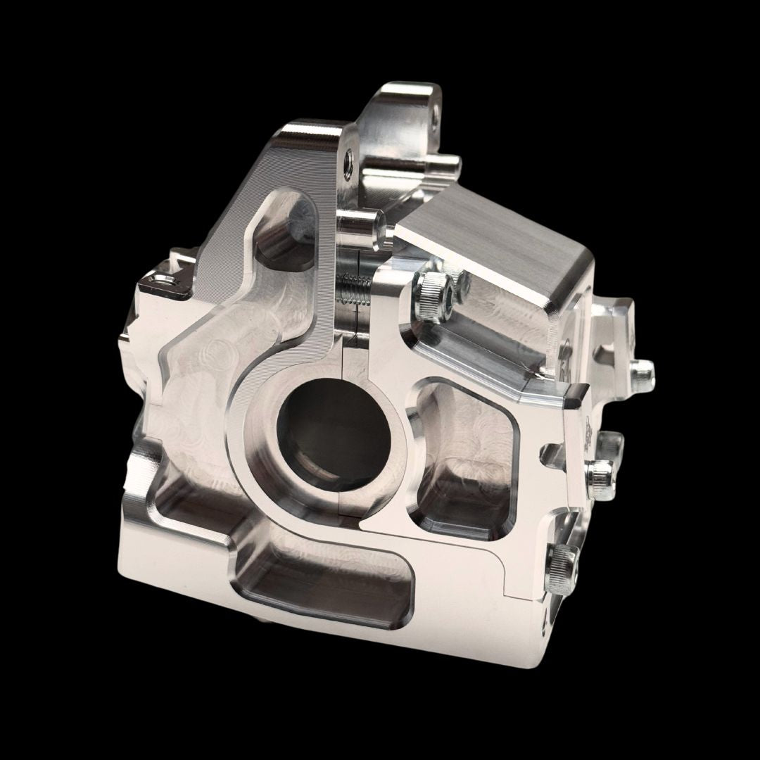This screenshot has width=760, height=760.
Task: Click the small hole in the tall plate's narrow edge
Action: [348, 164]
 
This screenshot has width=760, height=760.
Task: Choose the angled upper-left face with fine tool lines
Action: [246, 176]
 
